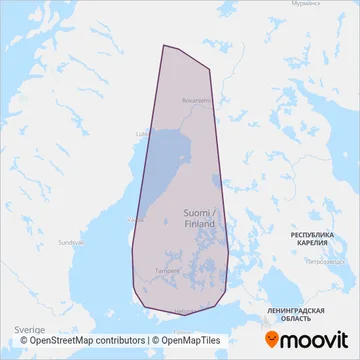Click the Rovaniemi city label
click(x=195, y=100)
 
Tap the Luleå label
click(x=141, y=131)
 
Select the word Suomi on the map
click(x=196, y=212)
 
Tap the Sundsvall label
click(x=69, y=242)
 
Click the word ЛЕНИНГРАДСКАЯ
click(x=301, y=311)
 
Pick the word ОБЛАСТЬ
click(x=301, y=320)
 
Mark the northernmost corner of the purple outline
click(x=165, y=45)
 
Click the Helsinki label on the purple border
click(x=186, y=311)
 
